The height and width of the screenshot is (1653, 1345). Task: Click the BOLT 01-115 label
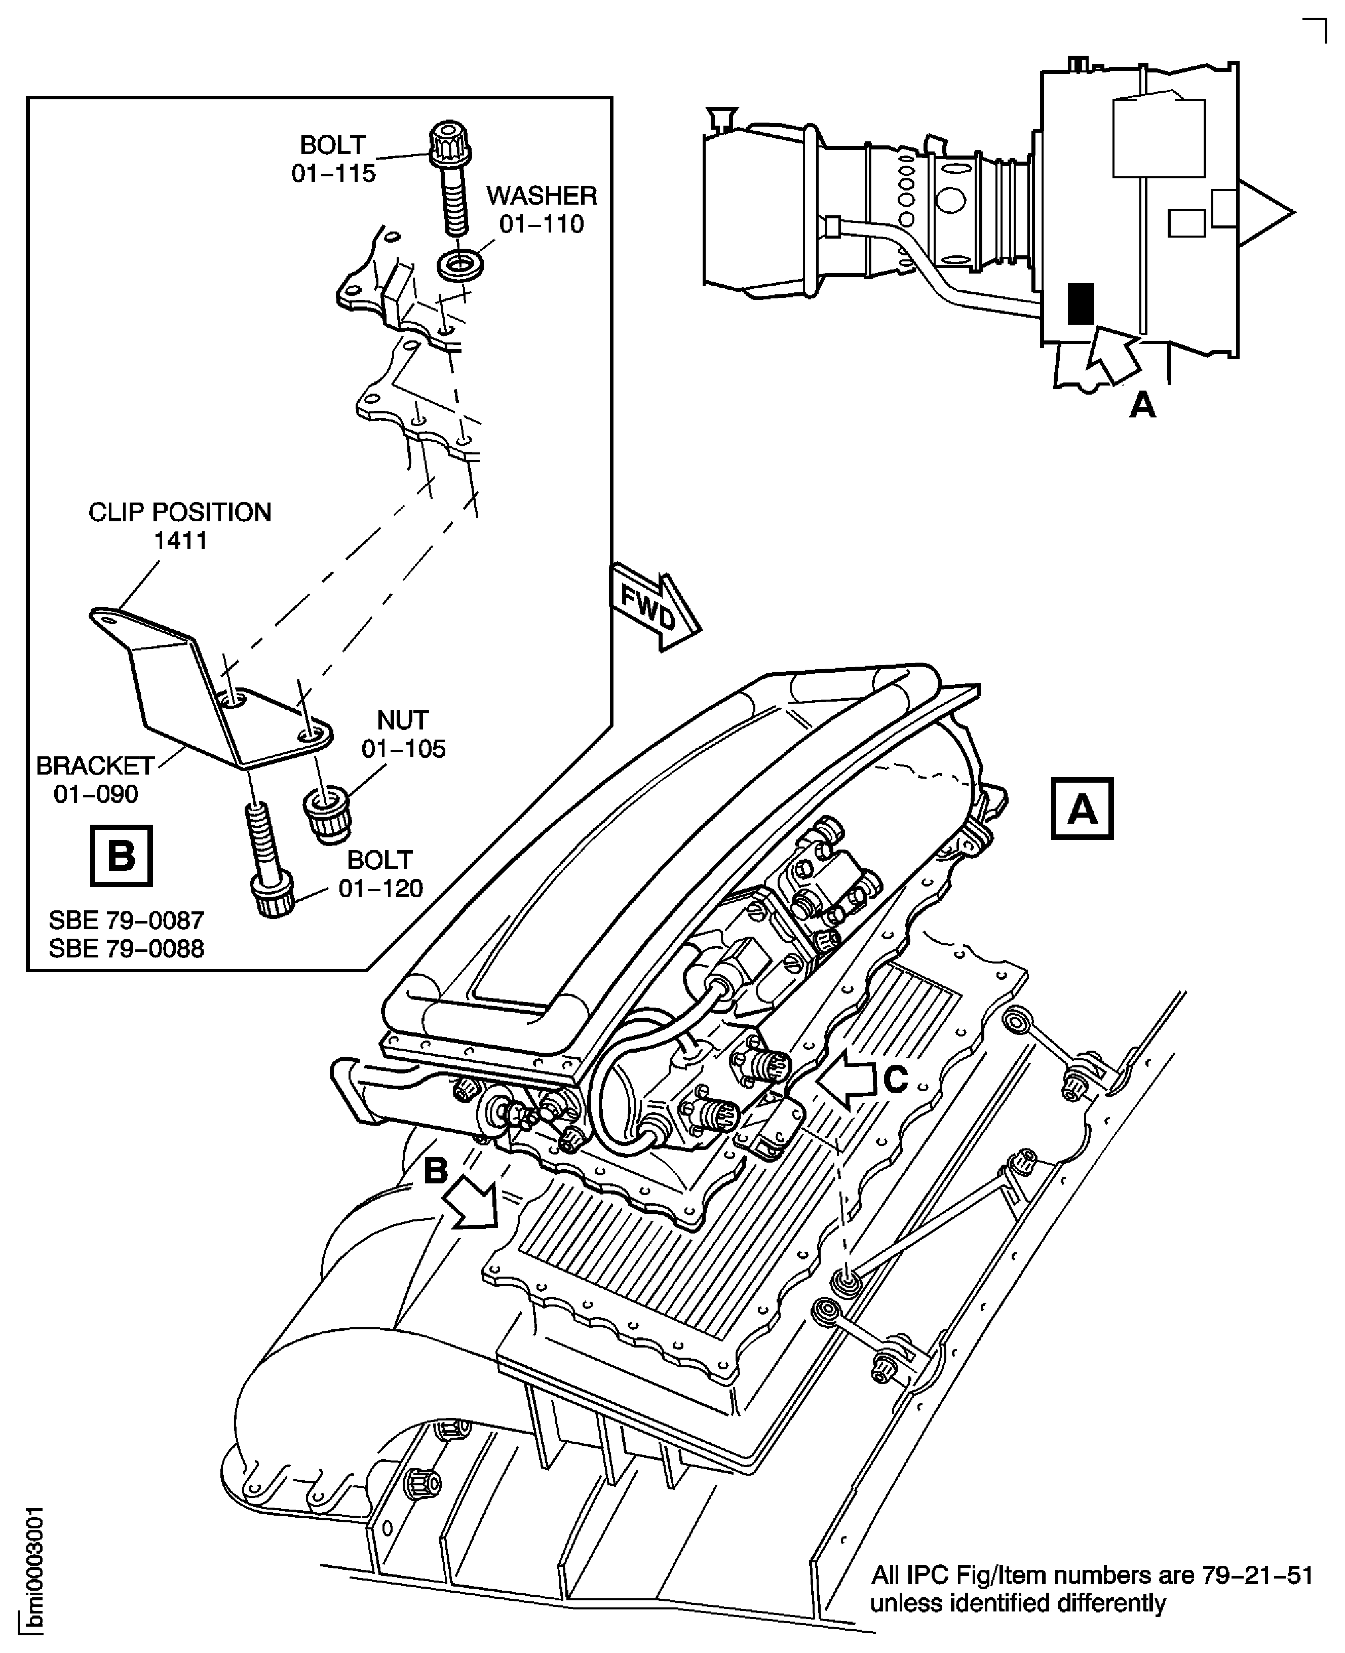[x=333, y=159]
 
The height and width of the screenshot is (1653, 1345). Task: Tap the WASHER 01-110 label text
[x=542, y=209]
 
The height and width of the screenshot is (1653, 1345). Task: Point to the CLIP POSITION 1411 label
[x=180, y=526]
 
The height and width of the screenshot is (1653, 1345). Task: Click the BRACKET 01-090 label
[x=95, y=779]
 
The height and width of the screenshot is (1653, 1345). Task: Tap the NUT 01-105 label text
[x=403, y=735]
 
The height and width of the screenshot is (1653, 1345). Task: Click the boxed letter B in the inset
[x=122, y=856]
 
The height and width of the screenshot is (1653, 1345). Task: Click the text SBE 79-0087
[x=126, y=920]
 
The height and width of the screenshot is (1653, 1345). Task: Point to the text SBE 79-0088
[x=126, y=948]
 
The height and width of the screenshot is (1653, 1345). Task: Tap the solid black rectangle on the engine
[x=1081, y=303]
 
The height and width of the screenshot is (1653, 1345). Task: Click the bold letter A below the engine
[x=1142, y=404]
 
